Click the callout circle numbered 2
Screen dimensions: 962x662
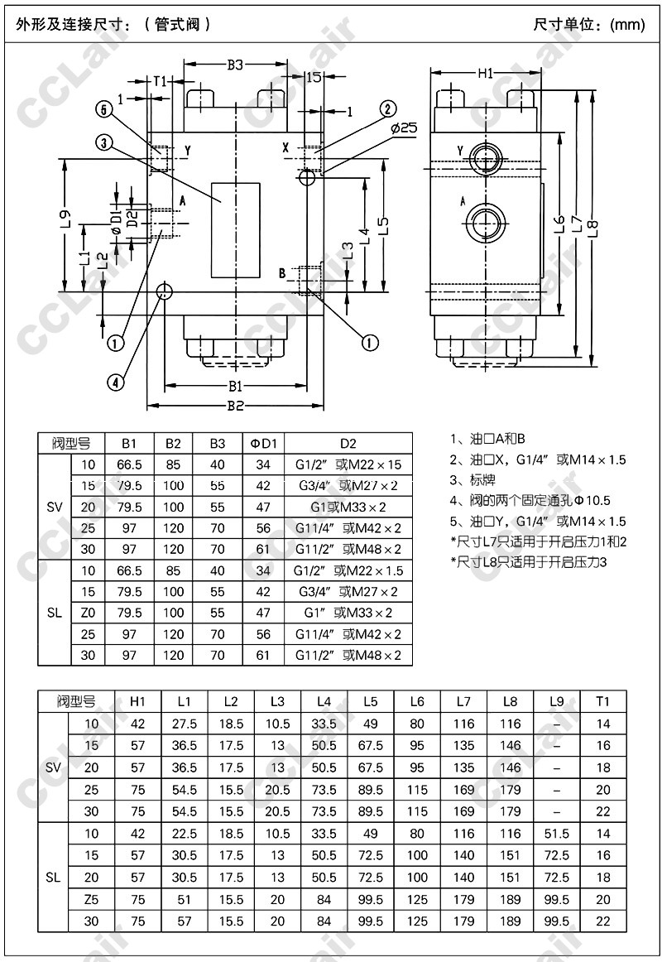[x=388, y=108]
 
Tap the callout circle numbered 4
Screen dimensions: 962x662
[x=116, y=382]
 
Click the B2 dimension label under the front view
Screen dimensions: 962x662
[x=235, y=406]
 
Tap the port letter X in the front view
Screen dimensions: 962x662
[x=286, y=147]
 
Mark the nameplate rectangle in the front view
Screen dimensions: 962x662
[x=236, y=229]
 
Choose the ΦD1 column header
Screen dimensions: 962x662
[x=263, y=442]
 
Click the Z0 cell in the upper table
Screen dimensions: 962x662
[x=89, y=613]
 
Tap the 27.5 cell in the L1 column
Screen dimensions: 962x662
[x=185, y=724]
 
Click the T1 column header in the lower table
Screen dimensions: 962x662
[x=602, y=701]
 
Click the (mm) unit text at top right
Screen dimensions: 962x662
[x=626, y=25]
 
